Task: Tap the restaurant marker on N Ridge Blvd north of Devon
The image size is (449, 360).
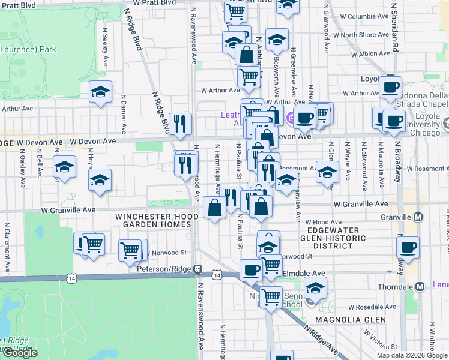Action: click(180, 123)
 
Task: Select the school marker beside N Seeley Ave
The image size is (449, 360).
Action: click(101, 92)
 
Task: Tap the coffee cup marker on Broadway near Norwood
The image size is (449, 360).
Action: click(408, 247)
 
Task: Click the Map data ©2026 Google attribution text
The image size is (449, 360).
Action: click(412, 355)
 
